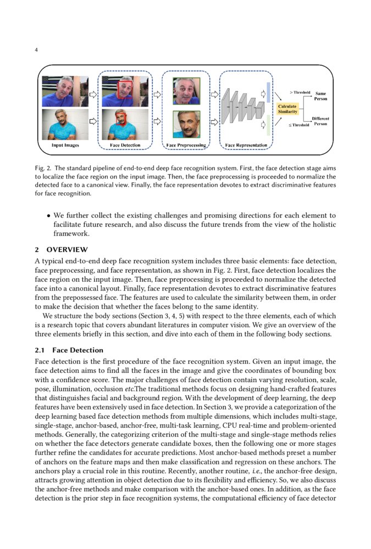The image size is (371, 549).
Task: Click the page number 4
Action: point(36,50)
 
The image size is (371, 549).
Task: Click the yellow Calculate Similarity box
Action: point(287,109)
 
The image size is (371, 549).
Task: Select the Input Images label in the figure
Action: point(65,145)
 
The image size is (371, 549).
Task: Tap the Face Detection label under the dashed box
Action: point(125,145)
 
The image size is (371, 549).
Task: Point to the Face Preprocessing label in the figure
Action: point(186,145)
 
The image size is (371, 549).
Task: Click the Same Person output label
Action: point(320,96)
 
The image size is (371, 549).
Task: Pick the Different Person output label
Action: point(320,121)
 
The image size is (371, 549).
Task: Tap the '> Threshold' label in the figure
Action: point(300,92)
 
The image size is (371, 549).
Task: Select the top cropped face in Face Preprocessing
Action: point(186,90)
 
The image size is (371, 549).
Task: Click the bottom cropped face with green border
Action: point(186,124)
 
